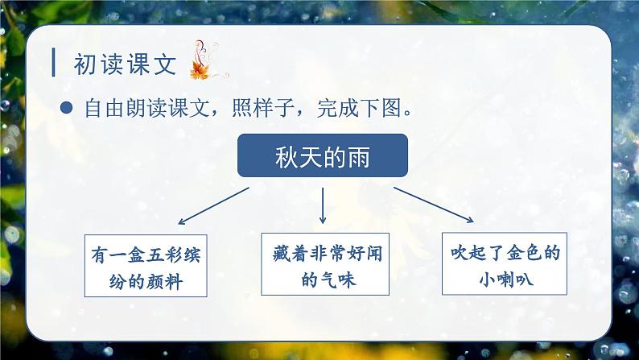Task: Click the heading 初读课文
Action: point(124,64)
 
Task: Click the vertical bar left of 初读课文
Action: point(53,64)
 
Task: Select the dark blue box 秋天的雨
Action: point(323,155)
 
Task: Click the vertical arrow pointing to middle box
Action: point(323,205)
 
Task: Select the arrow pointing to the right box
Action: point(435,202)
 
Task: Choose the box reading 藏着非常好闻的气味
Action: point(323,267)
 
